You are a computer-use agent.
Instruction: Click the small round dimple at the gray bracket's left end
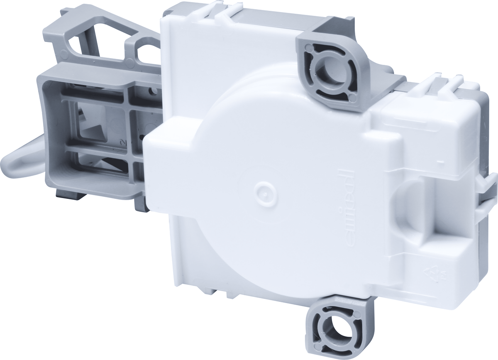[63, 54]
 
